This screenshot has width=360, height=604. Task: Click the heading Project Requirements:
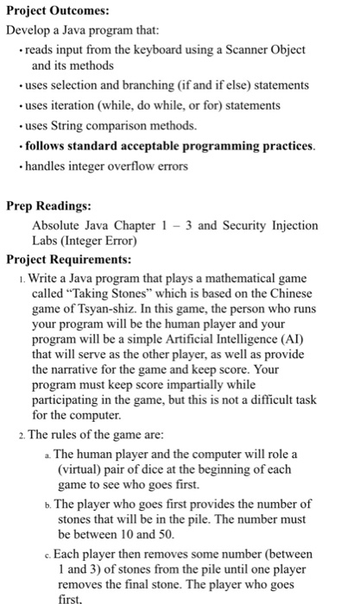[69, 260]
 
